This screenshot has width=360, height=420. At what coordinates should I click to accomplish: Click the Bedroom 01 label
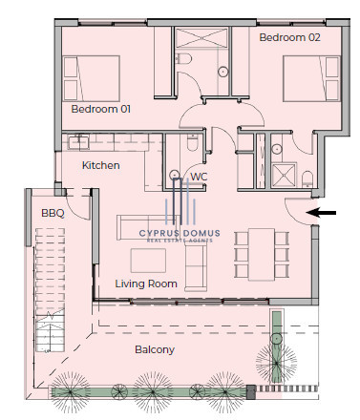pos(100,109)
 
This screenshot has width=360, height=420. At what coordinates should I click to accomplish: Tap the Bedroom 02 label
pos(289,37)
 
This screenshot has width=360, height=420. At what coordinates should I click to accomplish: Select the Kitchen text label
pos(101,165)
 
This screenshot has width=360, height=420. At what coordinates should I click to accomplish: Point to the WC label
pos(199,177)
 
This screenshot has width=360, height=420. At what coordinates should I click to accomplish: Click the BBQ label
pos(53,213)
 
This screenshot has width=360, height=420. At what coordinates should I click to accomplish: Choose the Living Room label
pos(146,283)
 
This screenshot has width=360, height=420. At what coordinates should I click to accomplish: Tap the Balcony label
pos(155,349)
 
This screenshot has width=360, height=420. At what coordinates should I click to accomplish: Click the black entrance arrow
pos(323,213)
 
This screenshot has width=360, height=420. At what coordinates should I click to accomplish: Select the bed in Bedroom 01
pos(92,78)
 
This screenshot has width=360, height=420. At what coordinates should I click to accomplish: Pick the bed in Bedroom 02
pos(312,78)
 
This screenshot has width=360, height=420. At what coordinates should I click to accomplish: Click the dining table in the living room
pos(262,254)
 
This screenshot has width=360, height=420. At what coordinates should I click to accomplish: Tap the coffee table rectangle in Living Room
pos(148,261)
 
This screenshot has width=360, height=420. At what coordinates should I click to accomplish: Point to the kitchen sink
pos(78,142)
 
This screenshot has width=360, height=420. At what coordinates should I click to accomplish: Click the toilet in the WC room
pos(193,143)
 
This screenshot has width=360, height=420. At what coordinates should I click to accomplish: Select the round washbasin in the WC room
pos(175,175)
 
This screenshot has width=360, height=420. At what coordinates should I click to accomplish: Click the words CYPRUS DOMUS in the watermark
pos(180,233)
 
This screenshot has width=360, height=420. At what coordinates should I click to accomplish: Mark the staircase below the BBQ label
pos(50,289)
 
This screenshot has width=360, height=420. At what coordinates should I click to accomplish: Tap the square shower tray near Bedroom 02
pos(284,175)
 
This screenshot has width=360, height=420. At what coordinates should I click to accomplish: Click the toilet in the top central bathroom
pos(183,58)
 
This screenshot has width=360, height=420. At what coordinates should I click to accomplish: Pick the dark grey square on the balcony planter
pos(251,391)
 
